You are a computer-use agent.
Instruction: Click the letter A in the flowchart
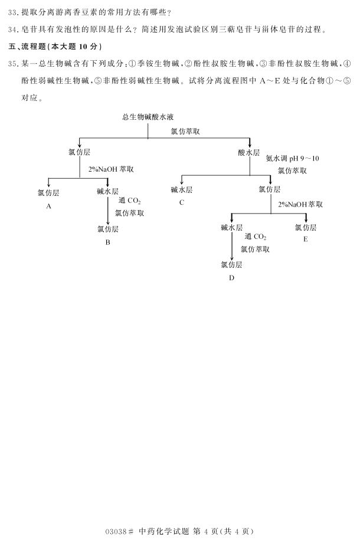(x=49, y=206)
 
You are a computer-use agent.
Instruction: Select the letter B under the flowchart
(x=107, y=242)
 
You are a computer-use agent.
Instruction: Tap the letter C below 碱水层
(x=182, y=202)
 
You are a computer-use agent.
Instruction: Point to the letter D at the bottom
(x=231, y=277)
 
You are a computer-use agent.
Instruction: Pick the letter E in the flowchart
(x=305, y=239)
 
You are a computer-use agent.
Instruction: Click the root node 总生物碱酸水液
(x=148, y=117)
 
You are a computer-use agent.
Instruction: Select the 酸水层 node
(x=249, y=152)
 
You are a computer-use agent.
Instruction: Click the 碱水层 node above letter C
(x=182, y=189)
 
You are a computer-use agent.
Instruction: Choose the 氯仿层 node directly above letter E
(x=305, y=227)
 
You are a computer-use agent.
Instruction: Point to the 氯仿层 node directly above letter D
(x=231, y=264)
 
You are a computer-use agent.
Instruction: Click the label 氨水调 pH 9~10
(x=292, y=158)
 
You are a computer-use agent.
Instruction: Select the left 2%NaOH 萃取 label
(x=111, y=169)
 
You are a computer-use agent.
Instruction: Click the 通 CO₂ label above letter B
(x=130, y=201)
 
